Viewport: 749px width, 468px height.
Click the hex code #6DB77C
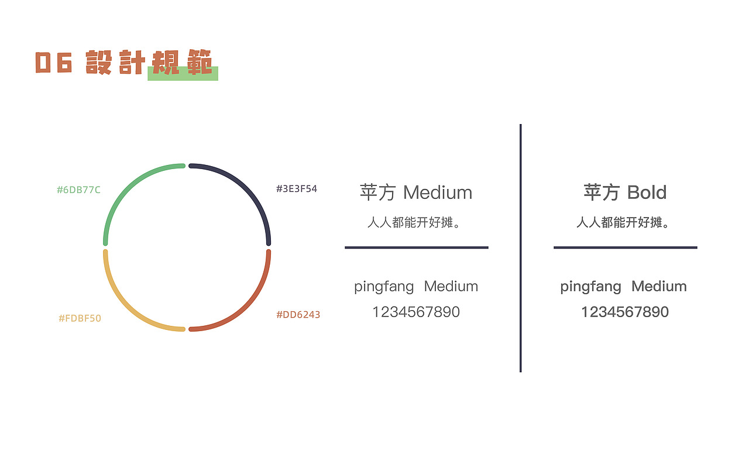[78, 190]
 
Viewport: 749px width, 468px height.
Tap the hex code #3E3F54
[296, 189]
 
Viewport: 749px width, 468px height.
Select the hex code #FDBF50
[80, 318]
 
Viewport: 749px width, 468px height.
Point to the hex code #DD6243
[298, 315]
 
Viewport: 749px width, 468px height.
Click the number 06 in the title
[53, 63]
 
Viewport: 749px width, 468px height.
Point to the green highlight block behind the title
[183, 76]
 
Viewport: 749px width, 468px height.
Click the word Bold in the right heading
[647, 192]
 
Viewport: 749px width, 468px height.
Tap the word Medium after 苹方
[438, 192]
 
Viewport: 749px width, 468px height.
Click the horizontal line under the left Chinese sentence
[416, 247]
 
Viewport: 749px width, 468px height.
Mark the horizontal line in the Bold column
[625, 247]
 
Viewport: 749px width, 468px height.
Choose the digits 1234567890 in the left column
[416, 312]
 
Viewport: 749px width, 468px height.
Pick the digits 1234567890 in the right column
[624, 312]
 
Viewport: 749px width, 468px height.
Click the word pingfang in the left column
[384, 287]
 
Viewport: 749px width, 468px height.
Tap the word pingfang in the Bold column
[590, 287]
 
